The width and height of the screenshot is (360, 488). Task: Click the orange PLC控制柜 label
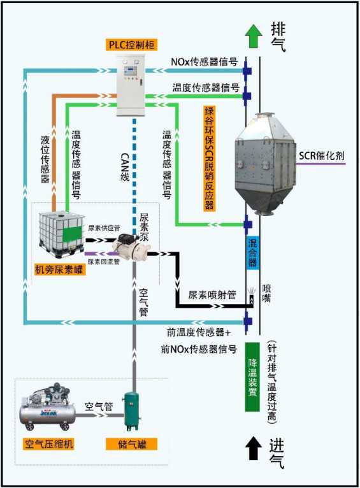[x=132, y=45]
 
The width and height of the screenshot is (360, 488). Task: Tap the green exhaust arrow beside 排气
[x=254, y=36]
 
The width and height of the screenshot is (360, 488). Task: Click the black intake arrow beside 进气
[x=254, y=447]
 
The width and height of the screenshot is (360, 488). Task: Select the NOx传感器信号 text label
[x=204, y=62]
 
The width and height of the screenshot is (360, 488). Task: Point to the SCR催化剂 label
[x=321, y=155]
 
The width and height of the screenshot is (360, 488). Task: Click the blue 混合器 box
[x=253, y=252]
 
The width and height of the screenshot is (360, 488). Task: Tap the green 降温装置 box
[x=252, y=377]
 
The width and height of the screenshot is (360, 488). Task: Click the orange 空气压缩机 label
[x=48, y=444]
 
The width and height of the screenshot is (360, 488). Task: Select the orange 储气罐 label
[x=131, y=444]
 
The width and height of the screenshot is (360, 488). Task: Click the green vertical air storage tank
[x=132, y=411]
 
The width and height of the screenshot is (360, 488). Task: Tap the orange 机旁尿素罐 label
[x=60, y=269]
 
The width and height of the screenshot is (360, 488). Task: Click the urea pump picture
[x=131, y=247]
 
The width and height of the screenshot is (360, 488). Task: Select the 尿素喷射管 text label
[x=212, y=294]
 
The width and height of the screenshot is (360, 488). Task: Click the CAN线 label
[x=125, y=166]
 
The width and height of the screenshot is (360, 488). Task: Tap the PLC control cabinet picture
[x=131, y=85]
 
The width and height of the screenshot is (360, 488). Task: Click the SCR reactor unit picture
[x=265, y=163]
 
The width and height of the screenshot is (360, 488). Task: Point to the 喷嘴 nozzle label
[x=266, y=293]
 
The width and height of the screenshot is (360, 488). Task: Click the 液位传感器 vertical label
[x=45, y=159]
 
